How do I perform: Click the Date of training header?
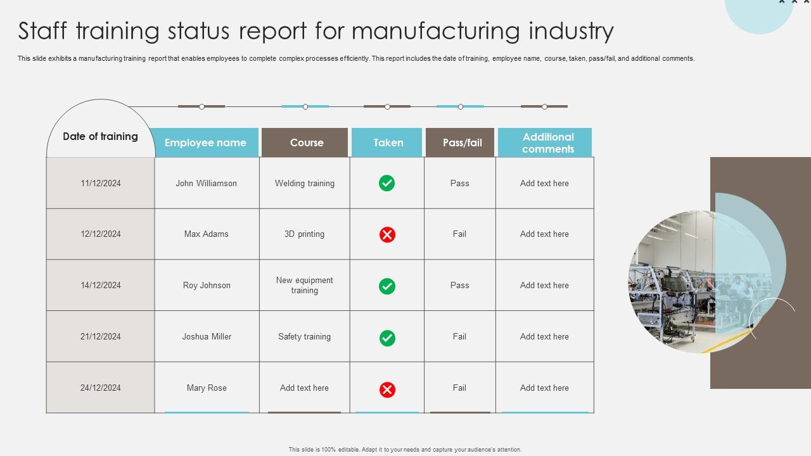coord(100,137)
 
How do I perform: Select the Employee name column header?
coord(205,142)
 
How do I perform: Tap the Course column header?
coord(307,142)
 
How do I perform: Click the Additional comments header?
coord(547,142)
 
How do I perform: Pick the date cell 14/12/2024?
coord(101,285)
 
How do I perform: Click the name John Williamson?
coord(207,183)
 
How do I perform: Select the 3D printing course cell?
coord(304,234)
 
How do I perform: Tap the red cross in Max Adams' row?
coord(387,234)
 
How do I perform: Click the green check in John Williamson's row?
coord(386,183)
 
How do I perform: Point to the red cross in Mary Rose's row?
coord(387,389)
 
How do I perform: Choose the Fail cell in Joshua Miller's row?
coord(459,336)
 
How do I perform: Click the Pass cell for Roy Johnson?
coord(459,285)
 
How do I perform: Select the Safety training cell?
coord(304,336)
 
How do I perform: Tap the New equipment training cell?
coord(304,285)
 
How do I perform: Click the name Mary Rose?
coord(207,388)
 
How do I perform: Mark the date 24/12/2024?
coord(101,388)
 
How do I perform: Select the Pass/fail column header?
coord(462,142)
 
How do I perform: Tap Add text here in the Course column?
coord(304,388)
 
